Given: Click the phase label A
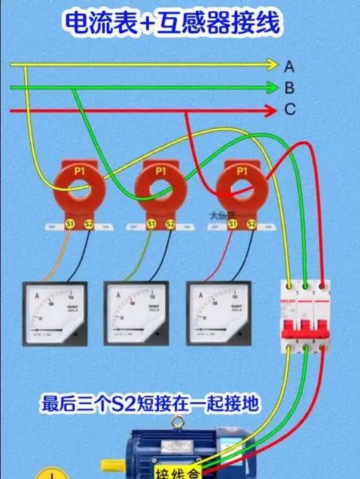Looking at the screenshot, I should point(289,66).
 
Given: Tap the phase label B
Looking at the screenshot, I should point(289,87).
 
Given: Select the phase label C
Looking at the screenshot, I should point(289,110).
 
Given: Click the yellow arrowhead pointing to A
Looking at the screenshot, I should point(271,65).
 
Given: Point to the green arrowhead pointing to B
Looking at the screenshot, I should point(271,87).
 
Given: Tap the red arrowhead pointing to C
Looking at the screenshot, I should point(271,110).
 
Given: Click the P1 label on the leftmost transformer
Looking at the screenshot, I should point(79,171).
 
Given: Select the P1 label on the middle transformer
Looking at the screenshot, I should point(161,171).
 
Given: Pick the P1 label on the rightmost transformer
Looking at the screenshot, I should point(241,171).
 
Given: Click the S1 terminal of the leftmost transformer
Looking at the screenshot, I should point(71,224).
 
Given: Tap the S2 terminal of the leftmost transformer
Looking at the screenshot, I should point(88,224).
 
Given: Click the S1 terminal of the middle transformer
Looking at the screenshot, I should point(151,224).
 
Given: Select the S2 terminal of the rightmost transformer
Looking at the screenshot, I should point(251,224).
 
